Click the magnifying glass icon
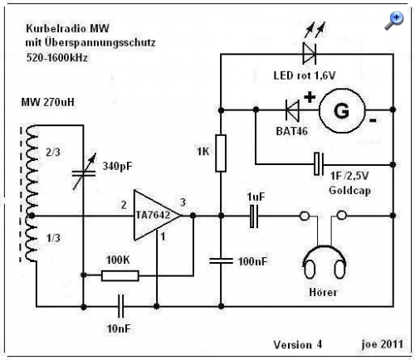(394, 21)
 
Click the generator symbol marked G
(342, 110)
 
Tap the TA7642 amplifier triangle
(157, 215)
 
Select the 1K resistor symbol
(221, 153)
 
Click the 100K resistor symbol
(120, 275)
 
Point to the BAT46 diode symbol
(292, 110)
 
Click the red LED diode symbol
(310, 53)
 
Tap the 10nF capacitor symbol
(120, 306)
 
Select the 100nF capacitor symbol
(221, 260)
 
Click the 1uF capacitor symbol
(254, 216)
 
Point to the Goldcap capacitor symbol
(319, 164)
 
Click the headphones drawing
(324, 262)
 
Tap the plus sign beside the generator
(310, 97)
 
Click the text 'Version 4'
(298, 344)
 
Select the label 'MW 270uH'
(48, 102)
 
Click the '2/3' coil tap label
(53, 152)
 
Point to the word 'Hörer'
(323, 292)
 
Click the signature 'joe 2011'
(383, 343)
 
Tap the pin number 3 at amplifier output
(183, 202)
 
